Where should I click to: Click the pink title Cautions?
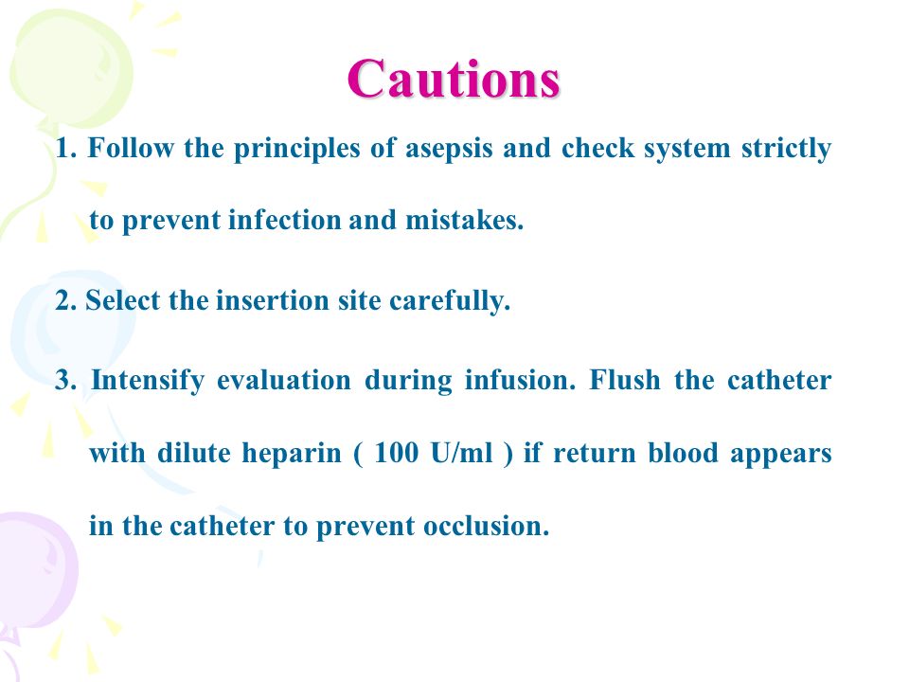[454, 79]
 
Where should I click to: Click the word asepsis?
[449, 149]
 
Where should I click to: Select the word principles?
[296, 149]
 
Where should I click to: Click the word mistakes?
[464, 221]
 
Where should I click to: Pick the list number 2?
[65, 300]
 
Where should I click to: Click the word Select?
[122, 300]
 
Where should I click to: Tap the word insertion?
[273, 300]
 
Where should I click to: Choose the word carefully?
[449, 301]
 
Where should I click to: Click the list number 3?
[65, 381]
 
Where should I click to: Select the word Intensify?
[148, 382]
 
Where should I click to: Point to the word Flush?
[624, 381]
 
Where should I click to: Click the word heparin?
[291, 454]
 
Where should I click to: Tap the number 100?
[397, 453]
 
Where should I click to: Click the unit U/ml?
[462, 453]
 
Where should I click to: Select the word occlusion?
[486, 526]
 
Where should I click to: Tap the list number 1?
[65, 149]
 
